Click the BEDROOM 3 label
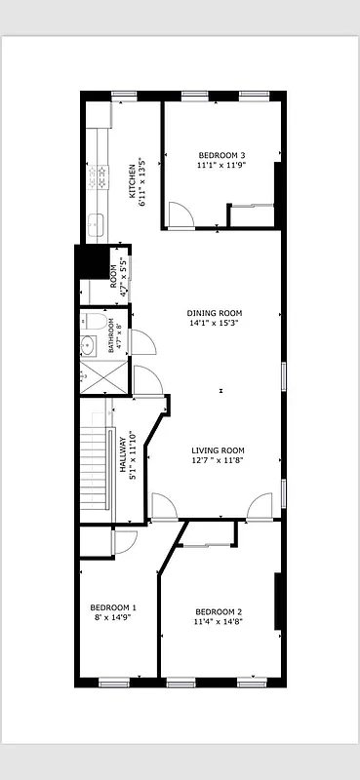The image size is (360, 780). pyautogui.click(x=221, y=155)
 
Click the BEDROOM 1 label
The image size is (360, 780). pyautogui.click(x=113, y=605)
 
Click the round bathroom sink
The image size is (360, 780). pyautogui.click(x=87, y=343)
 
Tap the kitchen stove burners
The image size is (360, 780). pyautogui.click(x=98, y=175)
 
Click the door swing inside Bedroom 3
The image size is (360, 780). pyautogui.click(x=179, y=214)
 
